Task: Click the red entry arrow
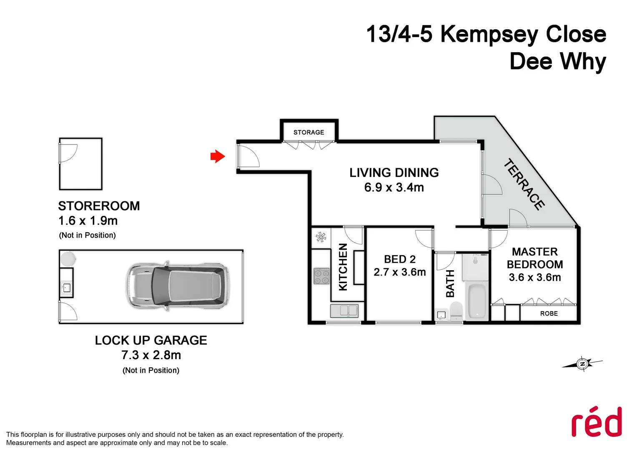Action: [x=218, y=157]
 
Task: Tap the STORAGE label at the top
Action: [x=308, y=132]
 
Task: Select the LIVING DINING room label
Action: [x=394, y=173]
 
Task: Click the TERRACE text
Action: [x=524, y=184]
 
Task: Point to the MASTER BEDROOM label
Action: [x=535, y=258]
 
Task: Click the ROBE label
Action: [x=549, y=314]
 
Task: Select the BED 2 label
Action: [x=400, y=259]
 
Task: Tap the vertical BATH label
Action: [x=450, y=284]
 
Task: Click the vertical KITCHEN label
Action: [x=343, y=267]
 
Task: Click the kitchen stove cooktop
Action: [x=321, y=276]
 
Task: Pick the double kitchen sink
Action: [x=344, y=311]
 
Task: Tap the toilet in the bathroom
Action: [x=456, y=310]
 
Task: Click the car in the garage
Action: [x=178, y=286]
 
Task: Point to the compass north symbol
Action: [x=582, y=364]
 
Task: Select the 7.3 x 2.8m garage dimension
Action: [x=151, y=355]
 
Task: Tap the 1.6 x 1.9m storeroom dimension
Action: [x=88, y=220]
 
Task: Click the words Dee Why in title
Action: [x=557, y=61]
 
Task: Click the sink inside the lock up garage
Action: [x=66, y=287]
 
